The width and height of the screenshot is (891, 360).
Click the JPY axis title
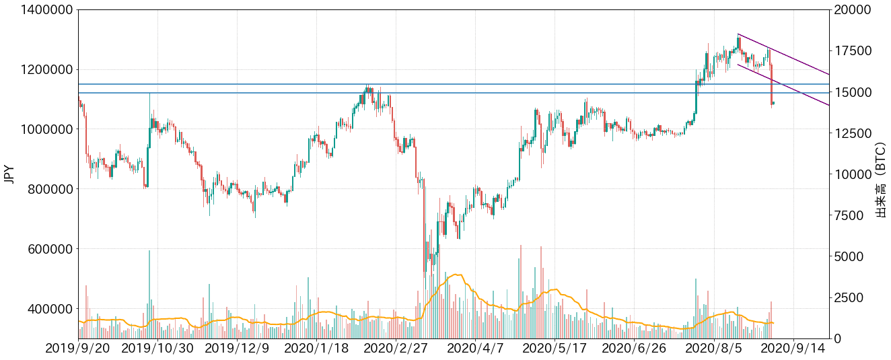coord(9,174)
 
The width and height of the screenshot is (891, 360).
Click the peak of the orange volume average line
coord(457,275)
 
